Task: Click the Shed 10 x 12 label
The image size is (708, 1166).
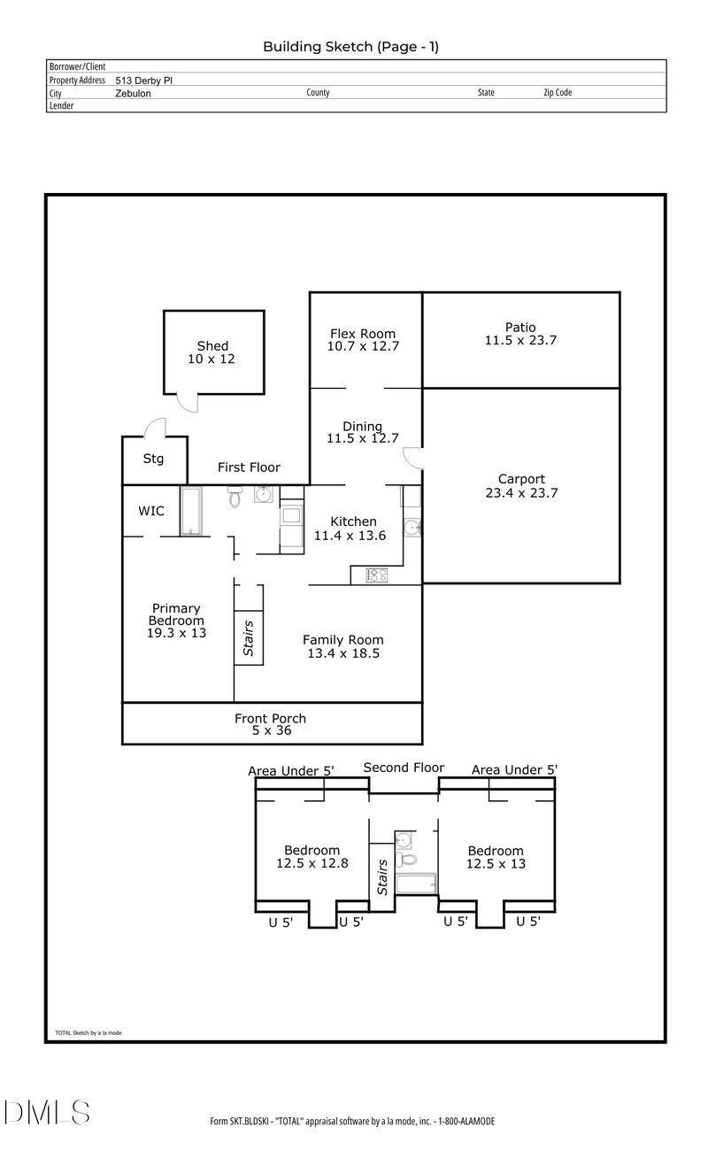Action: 212,352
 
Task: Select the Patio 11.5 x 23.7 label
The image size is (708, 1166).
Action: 520,334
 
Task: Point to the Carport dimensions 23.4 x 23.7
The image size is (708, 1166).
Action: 520,493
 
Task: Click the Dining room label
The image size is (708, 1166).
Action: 363,432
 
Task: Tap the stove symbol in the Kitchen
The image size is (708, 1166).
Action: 377,575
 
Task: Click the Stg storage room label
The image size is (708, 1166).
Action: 154,459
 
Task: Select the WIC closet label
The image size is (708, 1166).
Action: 151,511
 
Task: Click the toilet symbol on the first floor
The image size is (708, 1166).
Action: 235,498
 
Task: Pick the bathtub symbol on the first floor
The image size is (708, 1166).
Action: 193,511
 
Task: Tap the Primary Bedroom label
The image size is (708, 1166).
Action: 176,620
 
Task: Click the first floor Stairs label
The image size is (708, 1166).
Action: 249,637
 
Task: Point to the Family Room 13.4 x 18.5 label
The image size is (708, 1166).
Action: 343,646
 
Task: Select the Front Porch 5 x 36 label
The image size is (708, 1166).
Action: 270,724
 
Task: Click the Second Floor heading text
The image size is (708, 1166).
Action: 404,768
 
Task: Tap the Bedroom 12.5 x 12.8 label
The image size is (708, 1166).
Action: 312,857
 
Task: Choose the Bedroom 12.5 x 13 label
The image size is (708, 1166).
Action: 496,857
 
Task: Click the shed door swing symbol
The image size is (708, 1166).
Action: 186,401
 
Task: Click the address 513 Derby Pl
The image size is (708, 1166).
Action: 149,80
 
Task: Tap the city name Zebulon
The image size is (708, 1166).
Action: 133,93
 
